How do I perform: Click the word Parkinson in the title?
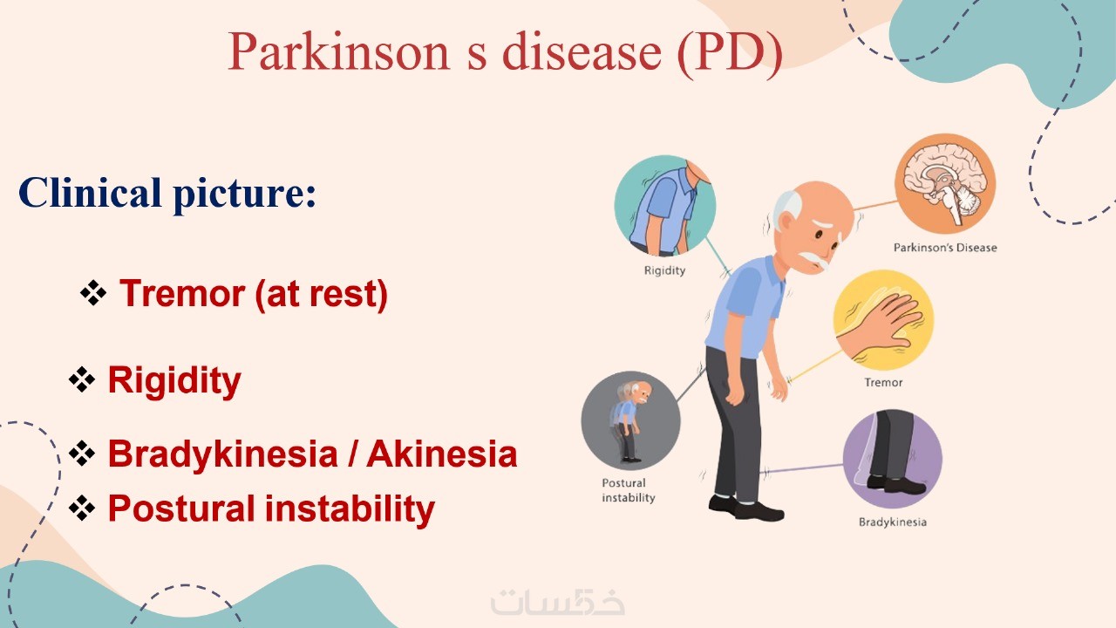pyautogui.click(x=339, y=51)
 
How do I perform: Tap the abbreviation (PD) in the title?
pyautogui.click(x=730, y=53)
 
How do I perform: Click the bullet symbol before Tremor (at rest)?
pyautogui.click(x=93, y=293)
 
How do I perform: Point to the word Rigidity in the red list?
pyautogui.click(x=174, y=380)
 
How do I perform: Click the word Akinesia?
pyautogui.click(x=442, y=454)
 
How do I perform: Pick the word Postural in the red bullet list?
pyautogui.click(x=182, y=509)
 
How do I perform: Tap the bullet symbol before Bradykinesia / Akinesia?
pyautogui.click(x=82, y=453)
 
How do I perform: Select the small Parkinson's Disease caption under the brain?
pyautogui.click(x=945, y=248)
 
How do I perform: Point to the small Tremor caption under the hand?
pyautogui.click(x=883, y=383)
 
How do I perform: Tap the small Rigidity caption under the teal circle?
pyautogui.click(x=664, y=270)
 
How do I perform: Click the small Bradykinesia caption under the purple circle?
pyautogui.click(x=892, y=522)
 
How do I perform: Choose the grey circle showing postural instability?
pyautogui.click(x=630, y=420)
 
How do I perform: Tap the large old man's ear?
pyautogui.click(x=786, y=222)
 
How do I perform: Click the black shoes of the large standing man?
pyautogui.click(x=745, y=509)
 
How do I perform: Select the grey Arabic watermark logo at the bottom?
pyautogui.click(x=557, y=602)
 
